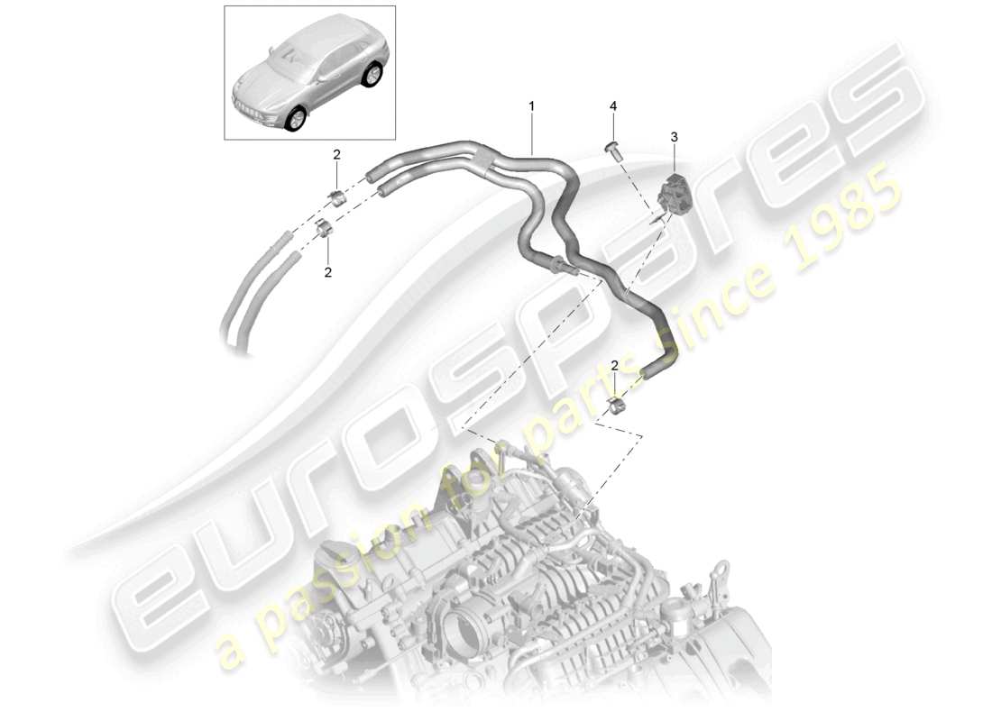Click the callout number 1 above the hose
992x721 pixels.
[531, 106]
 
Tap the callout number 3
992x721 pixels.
[674, 136]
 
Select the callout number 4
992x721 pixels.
[613, 106]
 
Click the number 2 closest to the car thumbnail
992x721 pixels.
[336, 155]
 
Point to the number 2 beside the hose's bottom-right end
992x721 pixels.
[614, 366]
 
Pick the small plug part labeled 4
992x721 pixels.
[613, 150]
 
